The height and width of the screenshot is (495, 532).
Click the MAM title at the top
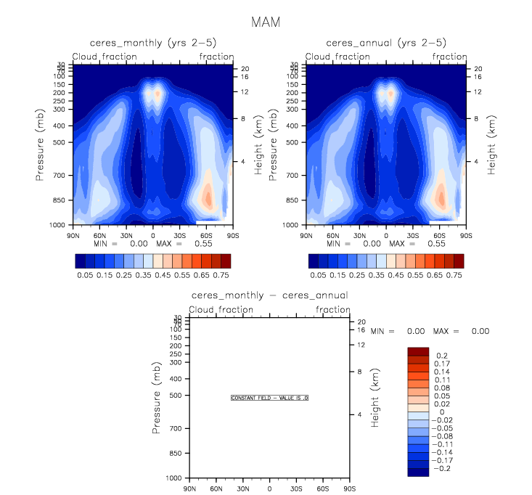265,22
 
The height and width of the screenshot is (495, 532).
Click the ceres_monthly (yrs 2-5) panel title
153,44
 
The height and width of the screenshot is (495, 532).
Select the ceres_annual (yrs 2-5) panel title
385,44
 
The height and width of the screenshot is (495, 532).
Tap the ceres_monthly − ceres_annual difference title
269,295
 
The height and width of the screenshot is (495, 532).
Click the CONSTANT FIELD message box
270,398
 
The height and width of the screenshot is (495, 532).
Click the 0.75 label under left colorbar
221,276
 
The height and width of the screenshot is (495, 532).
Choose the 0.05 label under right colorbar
318,276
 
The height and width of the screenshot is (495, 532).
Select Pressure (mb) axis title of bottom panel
156,398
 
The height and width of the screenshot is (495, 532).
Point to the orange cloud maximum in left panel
208,197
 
